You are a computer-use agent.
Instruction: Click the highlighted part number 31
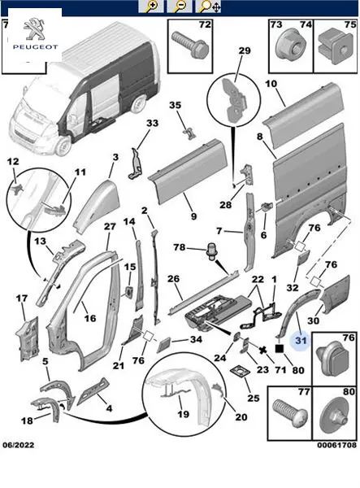pyautogui.click(x=301, y=340)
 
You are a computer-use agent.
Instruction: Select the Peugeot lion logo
pyautogui.click(x=34, y=29)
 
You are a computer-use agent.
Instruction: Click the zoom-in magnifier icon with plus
pyautogui.click(x=151, y=7)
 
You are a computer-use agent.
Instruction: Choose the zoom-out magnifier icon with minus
pyautogui.click(x=179, y=7)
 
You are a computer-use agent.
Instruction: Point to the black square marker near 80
pyautogui.click(x=280, y=348)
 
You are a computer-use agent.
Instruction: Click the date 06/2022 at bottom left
pyautogui.click(x=19, y=445)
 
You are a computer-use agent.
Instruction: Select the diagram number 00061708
pyautogui.click(x=336, y=445)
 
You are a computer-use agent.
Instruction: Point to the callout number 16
pyautogui.click(x=90, y=318)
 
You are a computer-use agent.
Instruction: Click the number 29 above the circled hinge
pyautogui.click(x=245, y=50)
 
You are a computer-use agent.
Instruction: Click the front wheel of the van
pyautogui.click(x=63, y=146)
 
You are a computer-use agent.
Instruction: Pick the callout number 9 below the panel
pyautogui.click(x=193, y=216)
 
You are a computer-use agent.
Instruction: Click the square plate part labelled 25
pyautogui.click(x=240, y=372)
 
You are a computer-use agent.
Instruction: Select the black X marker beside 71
pyautogui.click(x=263, y=351)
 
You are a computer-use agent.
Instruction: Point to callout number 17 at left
pyautogui.click(x=22, y=298)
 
